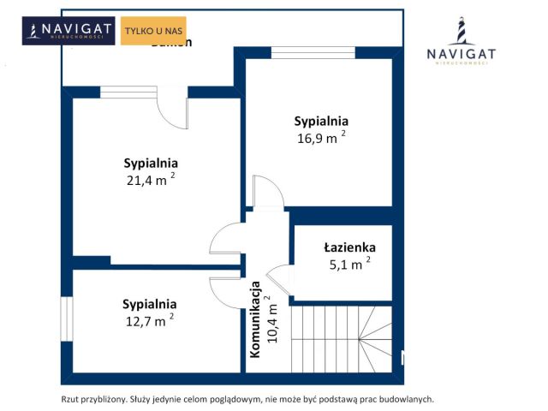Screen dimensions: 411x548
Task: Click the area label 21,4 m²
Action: pos(150,180)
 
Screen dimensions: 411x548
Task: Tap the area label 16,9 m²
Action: pos(321,138)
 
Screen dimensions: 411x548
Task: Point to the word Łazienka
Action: pos(349,247)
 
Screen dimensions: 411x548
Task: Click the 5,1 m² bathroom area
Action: pos(348,265)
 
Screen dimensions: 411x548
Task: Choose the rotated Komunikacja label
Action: pos(255,319)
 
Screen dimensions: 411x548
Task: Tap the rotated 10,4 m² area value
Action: pos(271,319)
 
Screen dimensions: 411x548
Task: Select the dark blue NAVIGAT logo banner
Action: pos(69,32)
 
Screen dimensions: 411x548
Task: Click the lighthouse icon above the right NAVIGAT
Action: pos(461,32)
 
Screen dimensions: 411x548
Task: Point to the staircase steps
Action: pos(342,338)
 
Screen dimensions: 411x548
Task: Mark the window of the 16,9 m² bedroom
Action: pos(312,53)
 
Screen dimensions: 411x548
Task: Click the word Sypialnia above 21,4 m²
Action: pos(150,163)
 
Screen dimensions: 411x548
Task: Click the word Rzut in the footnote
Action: pos(71,399)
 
